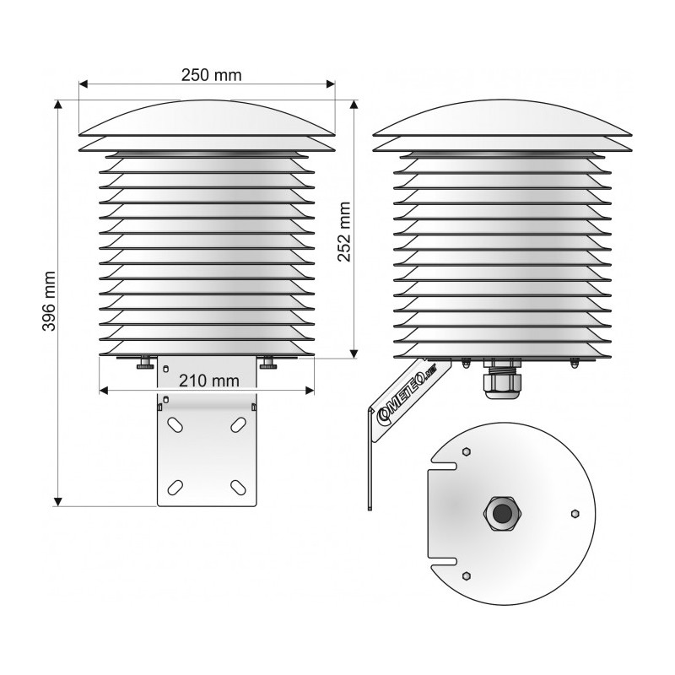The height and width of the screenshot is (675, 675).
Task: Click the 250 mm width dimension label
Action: point(211,75)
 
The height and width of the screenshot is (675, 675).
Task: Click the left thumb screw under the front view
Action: point(146,364)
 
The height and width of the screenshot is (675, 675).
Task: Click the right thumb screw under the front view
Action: point(269,364)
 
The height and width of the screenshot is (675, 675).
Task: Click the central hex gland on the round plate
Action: point(501,513)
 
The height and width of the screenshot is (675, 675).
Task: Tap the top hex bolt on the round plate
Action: point(464,452)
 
